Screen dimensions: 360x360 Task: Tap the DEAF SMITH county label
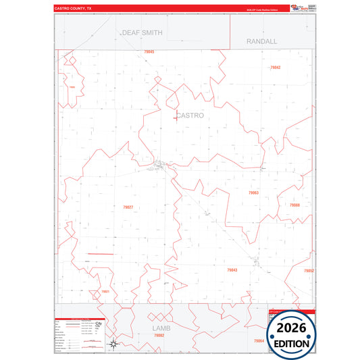[x=142, y=32]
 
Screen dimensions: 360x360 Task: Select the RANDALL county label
[x=261, y=41]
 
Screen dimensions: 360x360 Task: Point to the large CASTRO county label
[x=190, y=115]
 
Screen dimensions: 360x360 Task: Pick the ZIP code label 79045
[x=149, y=52]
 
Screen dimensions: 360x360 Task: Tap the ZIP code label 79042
[x=275, y=68]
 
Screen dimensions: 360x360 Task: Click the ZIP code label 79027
[x=128, y=207]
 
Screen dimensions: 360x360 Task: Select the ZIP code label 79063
[x=253, y=193]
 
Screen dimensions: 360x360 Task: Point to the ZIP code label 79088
[x=294, y=205]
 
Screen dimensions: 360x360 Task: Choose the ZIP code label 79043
[x=232, y=269]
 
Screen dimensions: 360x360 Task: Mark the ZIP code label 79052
[x=309, y=271]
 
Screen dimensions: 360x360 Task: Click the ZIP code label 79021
[x=105, y=292]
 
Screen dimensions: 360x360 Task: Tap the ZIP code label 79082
[x=159, y=335]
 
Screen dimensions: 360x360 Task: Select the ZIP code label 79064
[x=259, y=341]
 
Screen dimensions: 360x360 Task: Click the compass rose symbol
[x=115, y=344]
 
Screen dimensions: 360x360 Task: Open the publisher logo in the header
[x=303, y=8]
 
